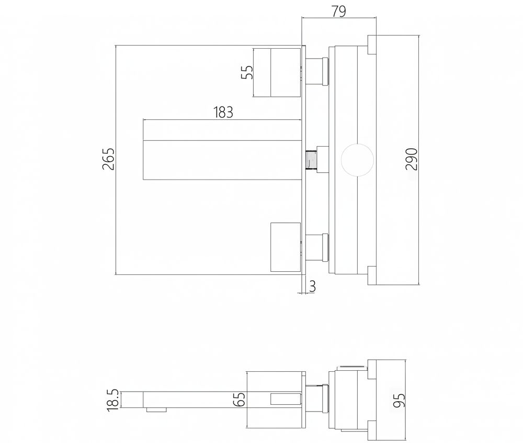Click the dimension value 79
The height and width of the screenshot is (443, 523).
tap(339, 11)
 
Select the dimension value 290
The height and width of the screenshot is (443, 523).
tap(412, 159)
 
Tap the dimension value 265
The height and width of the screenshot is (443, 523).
tap(108, 159)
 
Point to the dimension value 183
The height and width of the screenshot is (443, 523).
tap(223, 113)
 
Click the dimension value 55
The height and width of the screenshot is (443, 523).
tap(247, 72)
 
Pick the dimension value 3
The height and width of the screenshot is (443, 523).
tap(312, 286)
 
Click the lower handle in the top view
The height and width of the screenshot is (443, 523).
tap(286, 247)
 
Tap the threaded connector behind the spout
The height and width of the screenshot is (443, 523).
tap(311, 160)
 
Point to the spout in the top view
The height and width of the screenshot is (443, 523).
tap(222, 160)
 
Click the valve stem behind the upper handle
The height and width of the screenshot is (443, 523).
tap(317, 71)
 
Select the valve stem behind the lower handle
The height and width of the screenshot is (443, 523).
tap(317, 247)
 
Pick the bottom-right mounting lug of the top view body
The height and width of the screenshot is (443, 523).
tap(372, 275)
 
